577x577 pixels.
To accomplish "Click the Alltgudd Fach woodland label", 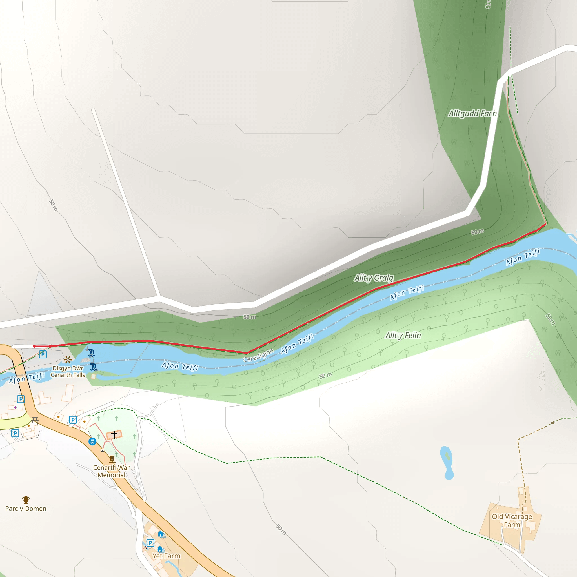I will tap(472, 114).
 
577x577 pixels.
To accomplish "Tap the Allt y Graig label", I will tap(374, 278).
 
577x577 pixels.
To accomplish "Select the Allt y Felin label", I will tap(403, 335).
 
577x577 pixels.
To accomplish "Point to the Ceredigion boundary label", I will tap(258, 355).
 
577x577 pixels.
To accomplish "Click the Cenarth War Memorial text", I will tap(111, 471).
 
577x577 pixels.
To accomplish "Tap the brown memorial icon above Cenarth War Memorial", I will tap(112, 459).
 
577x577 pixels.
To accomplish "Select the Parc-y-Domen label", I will tap(26, 508).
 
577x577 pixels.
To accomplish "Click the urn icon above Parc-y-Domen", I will tap(26, 499).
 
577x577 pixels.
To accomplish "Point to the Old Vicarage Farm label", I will tap(512, 521).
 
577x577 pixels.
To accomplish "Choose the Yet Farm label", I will tap(166, 556).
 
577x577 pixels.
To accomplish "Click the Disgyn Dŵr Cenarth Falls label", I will tap(68, 372).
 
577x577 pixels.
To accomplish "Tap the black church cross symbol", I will tap(114, 435).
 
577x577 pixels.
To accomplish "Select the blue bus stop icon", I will tap(92, 441).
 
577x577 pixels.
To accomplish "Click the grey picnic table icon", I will tap(35, 420).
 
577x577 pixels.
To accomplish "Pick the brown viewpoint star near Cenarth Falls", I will tap(68, 359).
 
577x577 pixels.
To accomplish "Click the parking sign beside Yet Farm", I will tap(150, 543).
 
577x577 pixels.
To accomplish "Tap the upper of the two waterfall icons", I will tap(92, 353).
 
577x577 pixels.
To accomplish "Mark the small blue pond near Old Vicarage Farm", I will tap(447, 462).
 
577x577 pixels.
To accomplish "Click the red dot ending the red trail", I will tap(34, 347).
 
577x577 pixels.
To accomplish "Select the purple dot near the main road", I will tap(15, 407).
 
